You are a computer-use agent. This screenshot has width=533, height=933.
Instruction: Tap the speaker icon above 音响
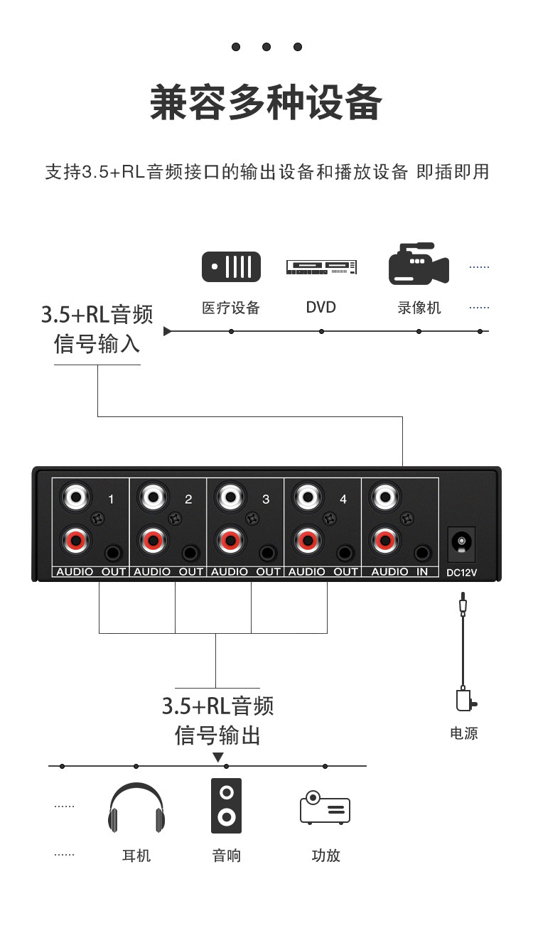pyautogui.click(x=226, y=805)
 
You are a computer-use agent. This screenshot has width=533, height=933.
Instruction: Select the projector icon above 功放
pyautogui.click(x=325, y=807)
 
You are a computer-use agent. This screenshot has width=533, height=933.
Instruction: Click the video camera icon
pyautogui.click(x=418, y=265)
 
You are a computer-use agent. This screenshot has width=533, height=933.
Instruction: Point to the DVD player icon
pyautogui.click(x=321, y=267)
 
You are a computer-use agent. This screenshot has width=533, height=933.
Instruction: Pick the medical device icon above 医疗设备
pyautogui.click(x=231, y=266)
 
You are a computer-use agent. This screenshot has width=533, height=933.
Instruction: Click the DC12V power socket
pyautogui.click(x=461, y=544)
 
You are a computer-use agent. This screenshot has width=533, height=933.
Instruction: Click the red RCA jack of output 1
pyautogui.click(x=75, y=541)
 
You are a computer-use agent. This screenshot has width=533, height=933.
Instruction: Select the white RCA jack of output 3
pyautogui.click(x=230, y=495)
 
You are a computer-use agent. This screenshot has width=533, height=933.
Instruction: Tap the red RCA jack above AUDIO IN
pyautogui.click(x=384, y=541)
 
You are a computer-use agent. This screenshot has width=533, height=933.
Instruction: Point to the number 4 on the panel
pyautogui.click(x=343, y=500)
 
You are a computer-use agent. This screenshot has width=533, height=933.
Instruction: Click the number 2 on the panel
pyautogui.click(x=188, y=500)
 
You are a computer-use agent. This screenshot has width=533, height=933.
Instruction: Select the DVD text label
pyautogui.click(x=321, y=307)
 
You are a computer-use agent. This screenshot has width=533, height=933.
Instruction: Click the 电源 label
pyautogui.click(x=464, y=733)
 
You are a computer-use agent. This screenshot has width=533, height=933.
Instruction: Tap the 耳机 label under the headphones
pyautogui.click(x=136, y=856)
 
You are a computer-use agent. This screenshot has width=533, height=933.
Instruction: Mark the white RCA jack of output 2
pyautogui.click(x=152, y=495)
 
